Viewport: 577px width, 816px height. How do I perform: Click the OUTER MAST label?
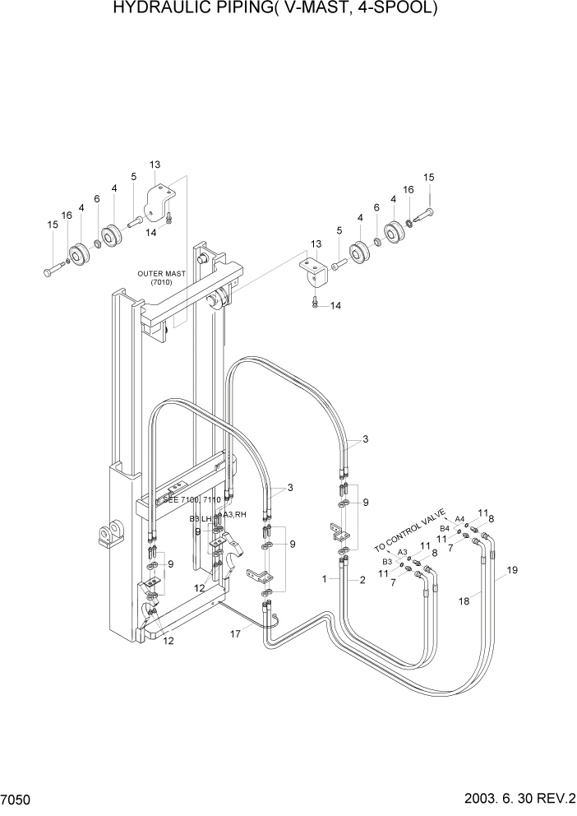click(163, 277)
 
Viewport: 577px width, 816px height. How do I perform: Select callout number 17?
click(235, 633)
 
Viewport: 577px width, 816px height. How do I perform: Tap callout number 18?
click(464, 601)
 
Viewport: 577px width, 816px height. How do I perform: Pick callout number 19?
click(511, 570)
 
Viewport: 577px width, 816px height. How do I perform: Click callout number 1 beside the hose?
click(325, 579)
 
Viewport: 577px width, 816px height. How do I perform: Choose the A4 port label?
click(459, 519)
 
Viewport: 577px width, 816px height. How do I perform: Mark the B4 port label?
click(444, 528)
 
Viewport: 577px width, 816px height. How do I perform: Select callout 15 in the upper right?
click(428, 177)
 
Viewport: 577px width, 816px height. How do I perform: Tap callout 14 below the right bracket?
click(335, 306)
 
